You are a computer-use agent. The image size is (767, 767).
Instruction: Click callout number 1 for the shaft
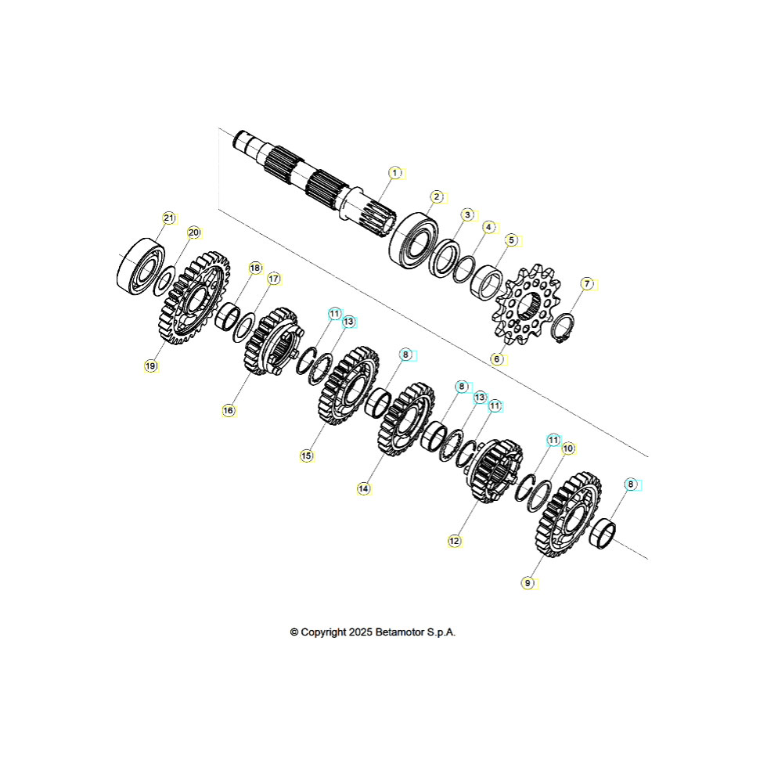click(x=395, y=173)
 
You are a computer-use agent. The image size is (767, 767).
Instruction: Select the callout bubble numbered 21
click(x=169, y=218)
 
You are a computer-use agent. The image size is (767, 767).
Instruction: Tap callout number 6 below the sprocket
click(x=497, y=359)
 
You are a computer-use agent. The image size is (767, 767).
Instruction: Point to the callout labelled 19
click(x=150, y=366)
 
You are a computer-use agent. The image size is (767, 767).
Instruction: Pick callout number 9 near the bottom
click(x=528, y=583)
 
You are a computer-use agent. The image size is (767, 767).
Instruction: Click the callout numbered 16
click(x=229, y=410)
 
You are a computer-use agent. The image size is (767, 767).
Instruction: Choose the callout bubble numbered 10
click(x=568, y=448)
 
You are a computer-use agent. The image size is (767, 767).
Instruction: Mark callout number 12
click(x=455, y=541)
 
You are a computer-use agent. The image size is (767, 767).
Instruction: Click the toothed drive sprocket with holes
click(x=527, y=304)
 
